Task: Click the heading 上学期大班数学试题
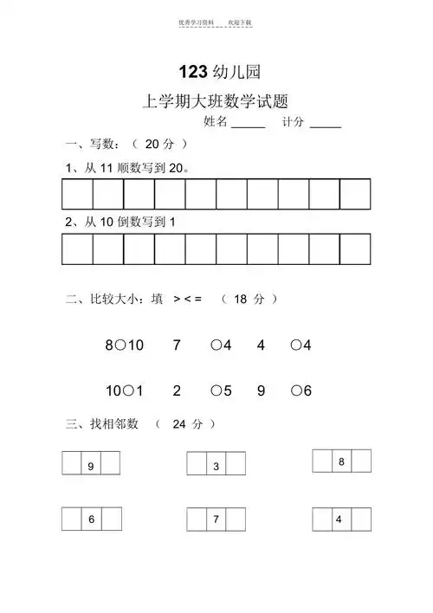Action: pos(216,102)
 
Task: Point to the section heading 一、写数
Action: pos(89,144)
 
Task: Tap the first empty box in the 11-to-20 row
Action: pos(77,195)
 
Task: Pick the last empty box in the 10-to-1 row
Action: pos(355,248)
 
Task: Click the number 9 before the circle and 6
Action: pos(261,390)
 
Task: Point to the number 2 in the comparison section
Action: pos(177,390)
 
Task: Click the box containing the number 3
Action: pos(216,467)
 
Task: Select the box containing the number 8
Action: pos(341,461)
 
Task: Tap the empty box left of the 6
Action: pos(72,519)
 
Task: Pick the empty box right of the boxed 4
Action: pos(360,519)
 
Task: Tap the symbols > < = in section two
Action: pos(188,299)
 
